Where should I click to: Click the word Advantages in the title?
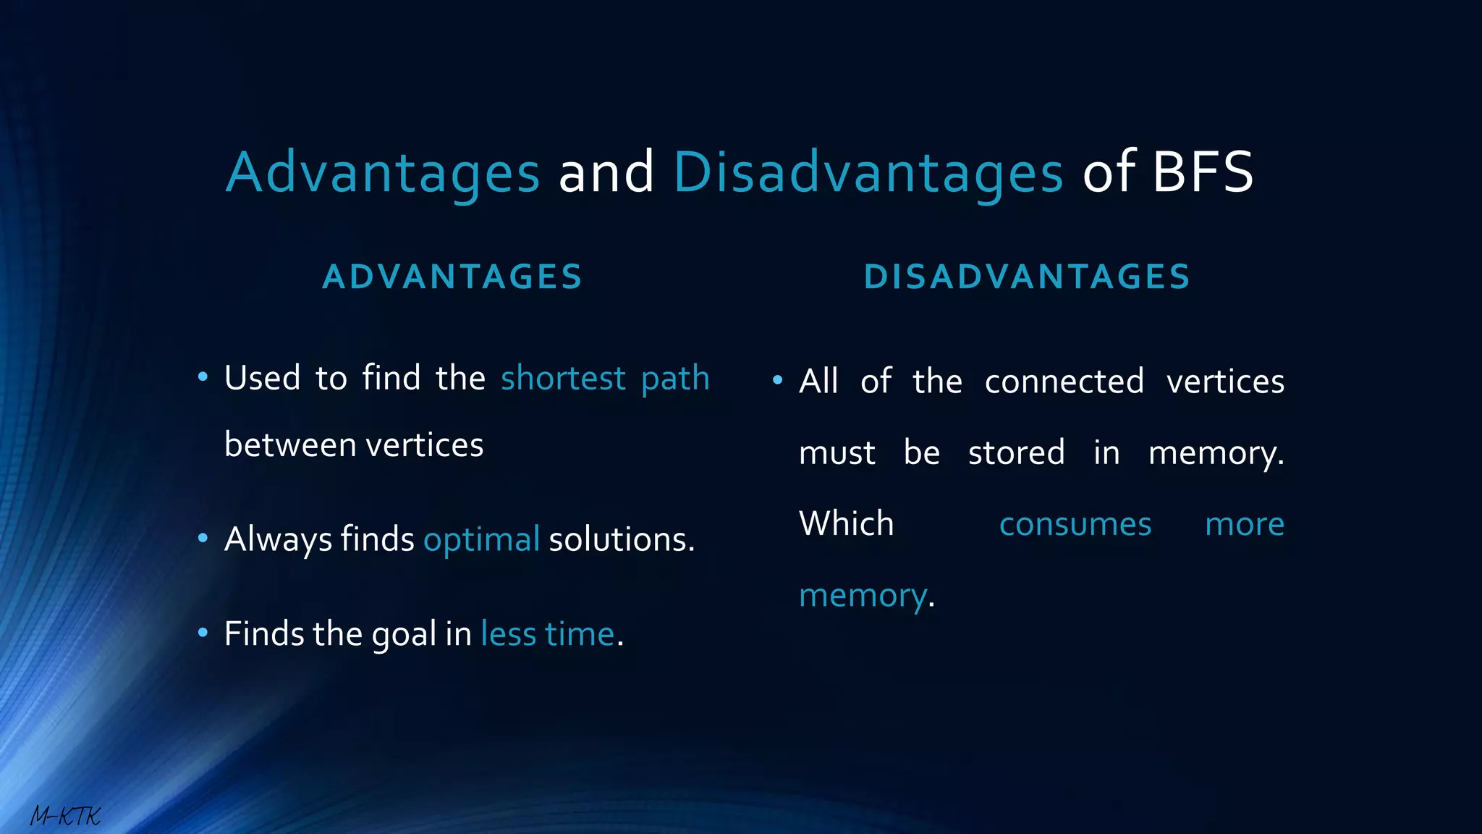point(383,172)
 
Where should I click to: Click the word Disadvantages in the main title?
point(868,172)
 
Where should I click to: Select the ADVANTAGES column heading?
point(452,277)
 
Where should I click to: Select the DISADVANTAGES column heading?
point(1027,277)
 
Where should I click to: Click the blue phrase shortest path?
point(605,379)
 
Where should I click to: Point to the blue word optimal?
point(481,539)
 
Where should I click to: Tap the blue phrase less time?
point(547,634)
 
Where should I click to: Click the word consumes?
point(1075,524)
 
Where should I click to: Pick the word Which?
point(846,523)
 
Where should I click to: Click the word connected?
point(1064,382)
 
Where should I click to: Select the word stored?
point(1016,453)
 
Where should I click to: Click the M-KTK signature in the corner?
point(65,817)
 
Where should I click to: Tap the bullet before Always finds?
point(203,539)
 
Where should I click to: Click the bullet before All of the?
point(778,380)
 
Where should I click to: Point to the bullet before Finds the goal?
point(203,633)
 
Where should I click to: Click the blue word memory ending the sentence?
point(863,597)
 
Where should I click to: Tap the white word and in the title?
point(606,172)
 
